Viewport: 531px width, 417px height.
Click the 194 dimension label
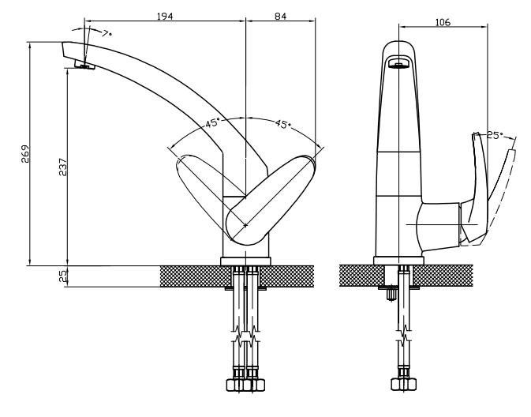pyautogui.click(x=165, y=16)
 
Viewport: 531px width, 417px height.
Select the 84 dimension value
pyautogui.click(x=280, y=16)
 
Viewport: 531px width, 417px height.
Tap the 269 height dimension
pyautogui.click(x=25, y=154)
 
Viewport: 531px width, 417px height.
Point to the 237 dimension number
pyautogui.click(x=63, y=167)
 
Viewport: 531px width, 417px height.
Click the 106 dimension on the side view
pyautogui.click(x=443, y=22)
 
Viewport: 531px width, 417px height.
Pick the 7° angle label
pyautogui.click(x=107, y=33)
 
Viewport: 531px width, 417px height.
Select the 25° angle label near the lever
pyautogui.click(x=495, y=136)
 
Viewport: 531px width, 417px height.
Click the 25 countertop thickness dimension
pyautogui.click(x=63, y=276)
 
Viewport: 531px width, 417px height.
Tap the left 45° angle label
pyautogui.click(x=213, y=122)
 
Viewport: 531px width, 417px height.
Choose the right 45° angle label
pyautogui.click(x=282, y=124)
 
